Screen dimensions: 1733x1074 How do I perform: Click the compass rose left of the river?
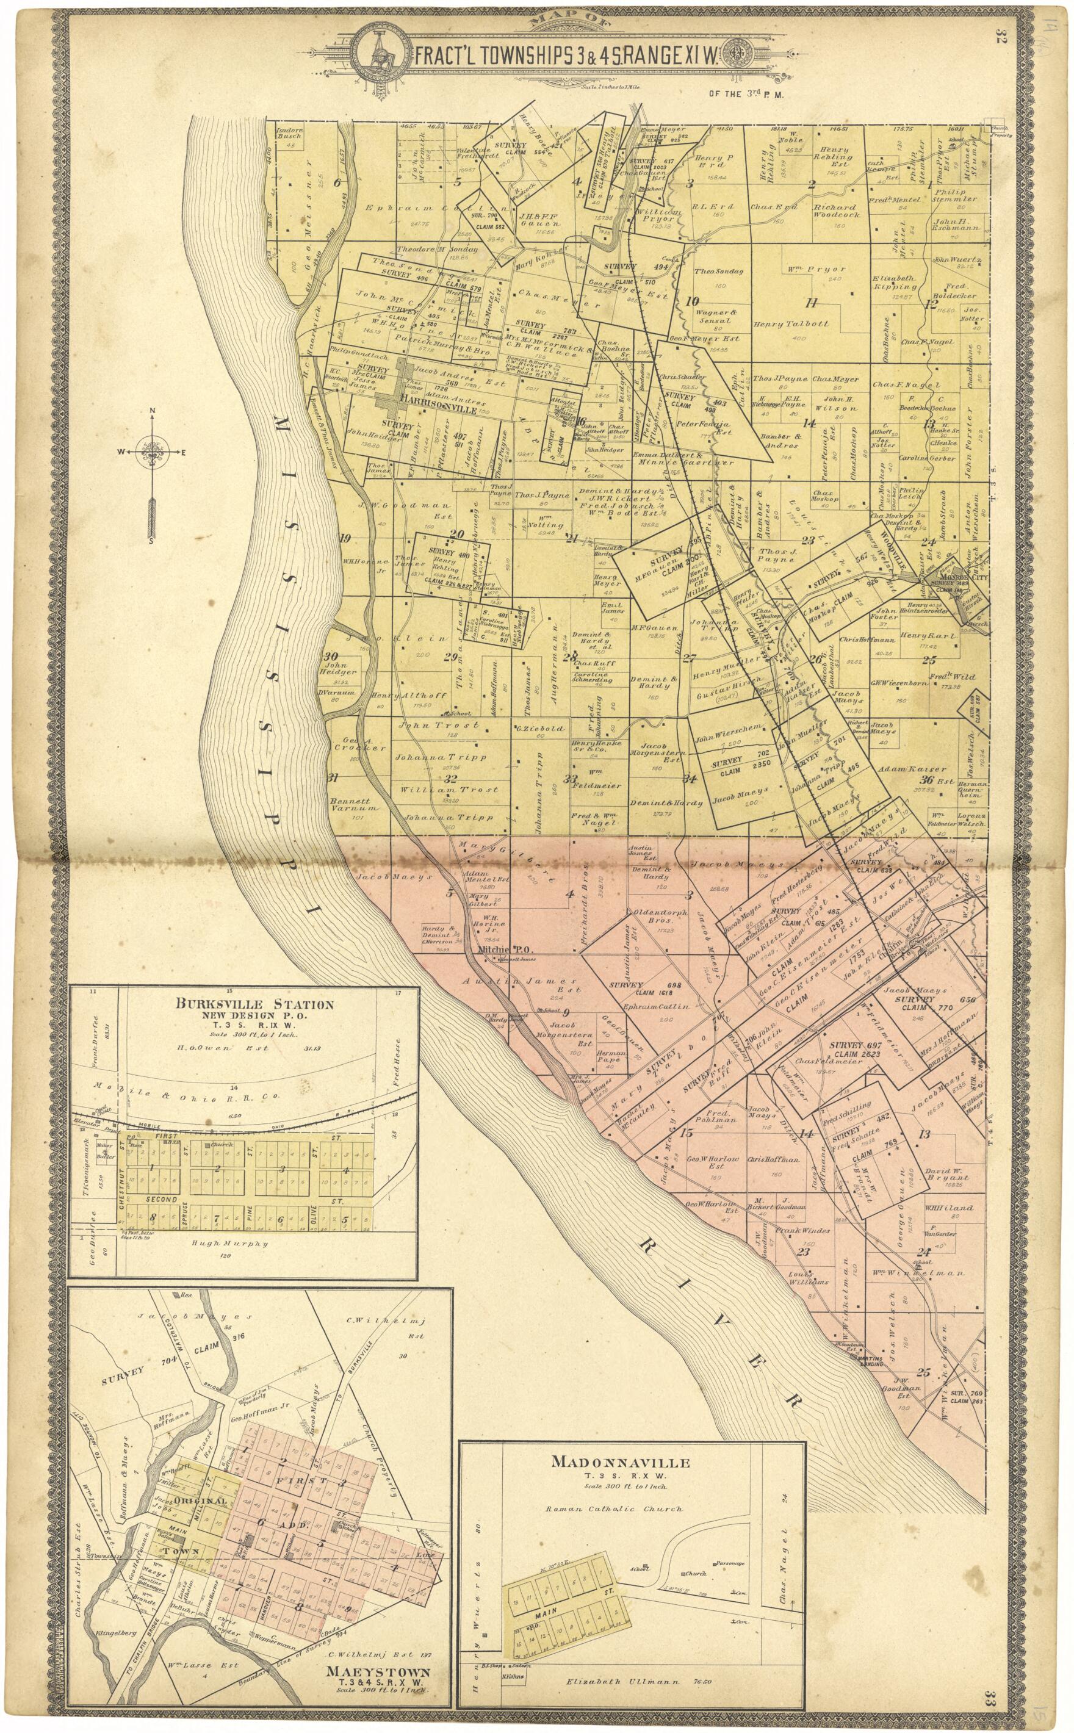point(153,452)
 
